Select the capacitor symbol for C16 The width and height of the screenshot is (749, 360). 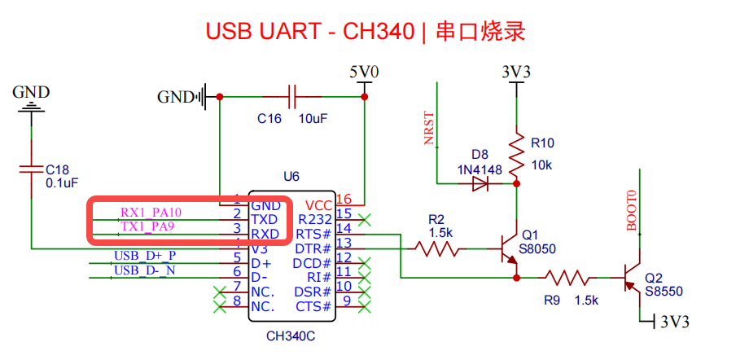coord(291,96)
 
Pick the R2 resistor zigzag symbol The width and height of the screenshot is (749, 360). coord(440,248)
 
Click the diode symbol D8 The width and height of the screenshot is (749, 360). coord(480,184)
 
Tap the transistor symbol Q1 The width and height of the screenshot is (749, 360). coord(510,250)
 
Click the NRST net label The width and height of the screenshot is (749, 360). coord(429,128)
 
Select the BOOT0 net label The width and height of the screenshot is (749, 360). coord(631,211)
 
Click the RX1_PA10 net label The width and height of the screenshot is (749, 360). coord(151,213)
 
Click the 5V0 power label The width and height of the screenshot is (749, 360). coord(364,72)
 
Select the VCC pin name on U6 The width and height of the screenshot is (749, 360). coord(318,204)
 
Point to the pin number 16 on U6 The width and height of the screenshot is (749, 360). coord(344,199)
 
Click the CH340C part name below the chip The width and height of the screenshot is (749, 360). coord(291,336)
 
